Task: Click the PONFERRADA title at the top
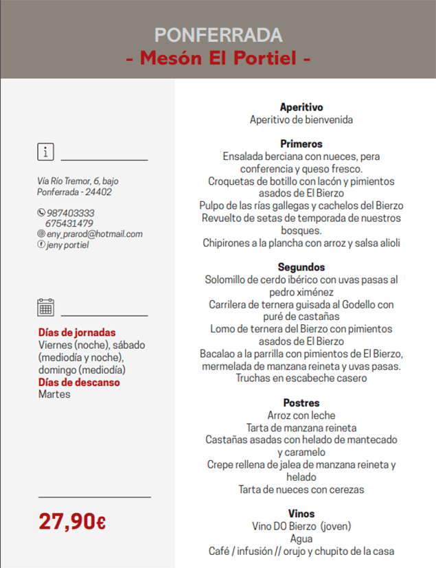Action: [218, 35]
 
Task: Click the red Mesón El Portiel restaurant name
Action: [218, 58]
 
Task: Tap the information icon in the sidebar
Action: [45, 152]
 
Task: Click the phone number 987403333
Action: [70, 213]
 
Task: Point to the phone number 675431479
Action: [69, 223]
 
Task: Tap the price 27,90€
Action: [72, 521]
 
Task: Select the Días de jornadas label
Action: [77, 332]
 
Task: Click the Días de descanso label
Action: [79, 382]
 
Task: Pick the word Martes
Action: [54, 394]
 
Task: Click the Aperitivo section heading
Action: [301, 107]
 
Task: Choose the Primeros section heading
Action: [301, 144]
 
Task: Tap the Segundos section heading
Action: [301, 267]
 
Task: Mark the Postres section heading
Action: [301, 403]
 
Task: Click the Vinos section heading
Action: [301, 514]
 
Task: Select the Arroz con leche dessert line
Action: [301, 416]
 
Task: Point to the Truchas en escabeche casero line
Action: [301, 378]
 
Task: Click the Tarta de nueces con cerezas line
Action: [301, 490]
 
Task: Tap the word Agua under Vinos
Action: [301, 538]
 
